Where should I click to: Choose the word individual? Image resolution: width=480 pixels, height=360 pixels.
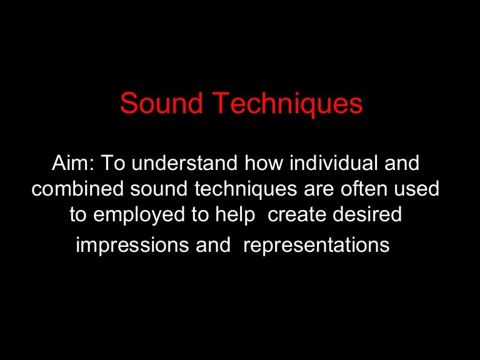point(328,164)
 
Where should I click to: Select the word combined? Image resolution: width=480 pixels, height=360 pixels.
point(72,189)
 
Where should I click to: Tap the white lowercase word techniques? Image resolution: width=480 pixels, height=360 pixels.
point(235,189)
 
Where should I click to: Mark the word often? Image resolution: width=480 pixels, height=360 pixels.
point(350,189)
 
